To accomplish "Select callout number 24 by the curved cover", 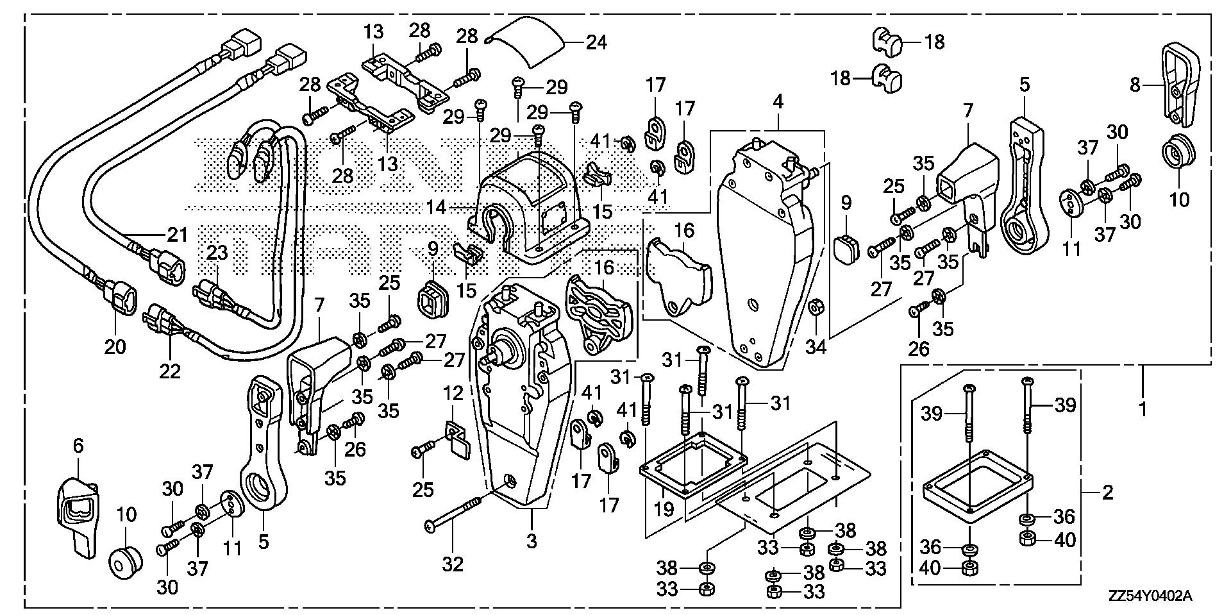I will (x=596, y=43).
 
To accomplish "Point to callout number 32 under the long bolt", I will (x=453, y=564).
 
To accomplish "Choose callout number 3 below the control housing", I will (x=532, y=542).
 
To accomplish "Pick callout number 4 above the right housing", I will (x=778, y=101).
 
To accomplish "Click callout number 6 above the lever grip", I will (x=78, y=446).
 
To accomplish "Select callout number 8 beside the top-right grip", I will (x=1135, y=85).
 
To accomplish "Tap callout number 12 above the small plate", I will (x=453, y=394).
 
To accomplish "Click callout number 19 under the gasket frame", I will (x=664, y=509).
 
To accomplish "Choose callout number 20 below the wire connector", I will (x=115, y=347).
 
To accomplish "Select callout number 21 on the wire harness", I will (x=177, y=235).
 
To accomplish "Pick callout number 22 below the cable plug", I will (x=170, y=371).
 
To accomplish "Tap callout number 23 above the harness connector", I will (x=217, y=253).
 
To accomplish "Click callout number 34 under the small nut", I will (x=816, y=347).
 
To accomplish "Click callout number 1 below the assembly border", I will (x=1143, y=409).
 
